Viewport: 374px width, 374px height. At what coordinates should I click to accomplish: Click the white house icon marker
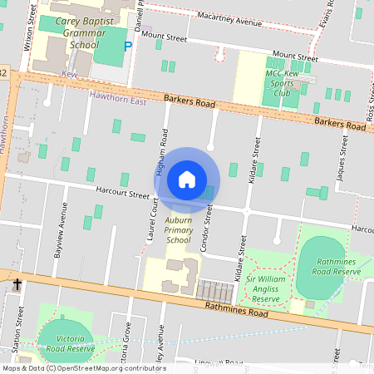pos(187,180)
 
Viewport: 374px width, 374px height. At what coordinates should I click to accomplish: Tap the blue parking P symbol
pos(128,47)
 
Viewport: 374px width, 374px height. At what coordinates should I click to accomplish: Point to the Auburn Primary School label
pos(178,228)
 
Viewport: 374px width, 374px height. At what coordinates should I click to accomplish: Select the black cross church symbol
pos(17,285)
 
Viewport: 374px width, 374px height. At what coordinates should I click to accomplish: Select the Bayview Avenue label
pos(59,242)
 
